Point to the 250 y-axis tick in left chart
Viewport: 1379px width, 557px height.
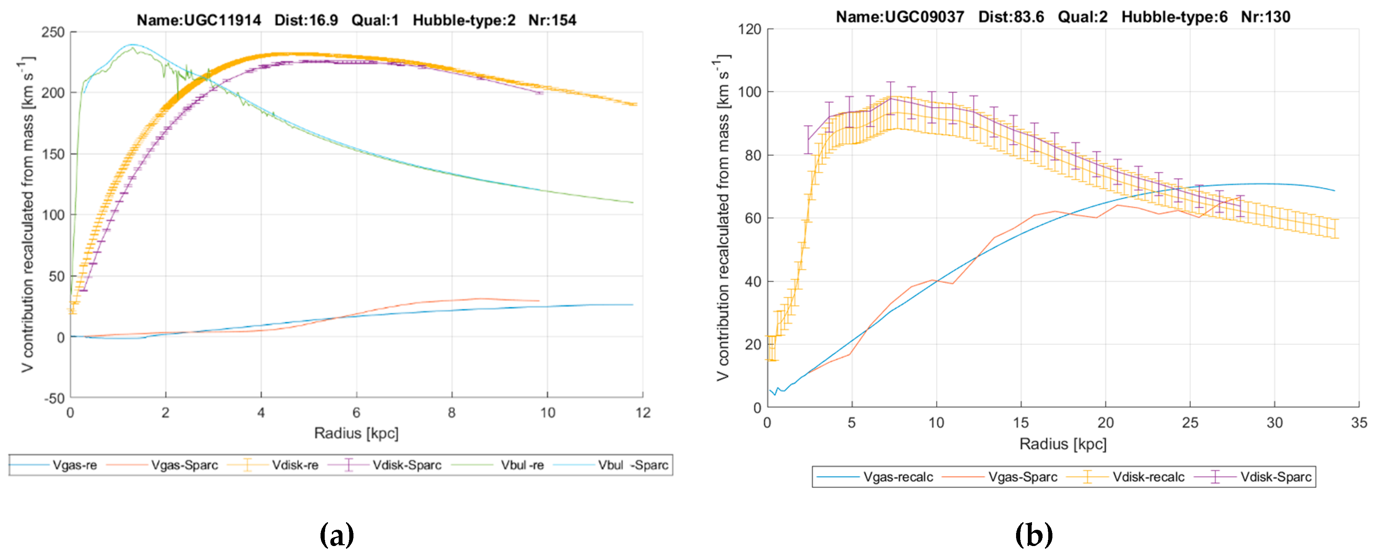[x=53, y=32]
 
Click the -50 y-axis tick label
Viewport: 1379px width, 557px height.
[x=54, y=398]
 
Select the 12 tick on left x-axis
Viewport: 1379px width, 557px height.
[x=643, y=413]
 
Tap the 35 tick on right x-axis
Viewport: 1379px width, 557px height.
[x=1359, y=423]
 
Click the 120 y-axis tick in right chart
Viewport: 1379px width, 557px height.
[x=749, y=29]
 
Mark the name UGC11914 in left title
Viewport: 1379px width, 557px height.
[x=199, y=20]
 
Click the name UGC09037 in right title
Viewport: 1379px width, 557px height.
[x=900, y=17]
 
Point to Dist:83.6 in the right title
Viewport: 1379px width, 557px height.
[x=1011, y=17]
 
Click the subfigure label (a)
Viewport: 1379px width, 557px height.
[x=337, y=535]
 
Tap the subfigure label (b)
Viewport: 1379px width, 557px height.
[x=1034, y=535]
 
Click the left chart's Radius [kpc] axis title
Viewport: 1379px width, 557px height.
[x=356, y=433]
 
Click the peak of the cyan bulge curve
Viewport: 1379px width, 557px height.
[x=132, y=44]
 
